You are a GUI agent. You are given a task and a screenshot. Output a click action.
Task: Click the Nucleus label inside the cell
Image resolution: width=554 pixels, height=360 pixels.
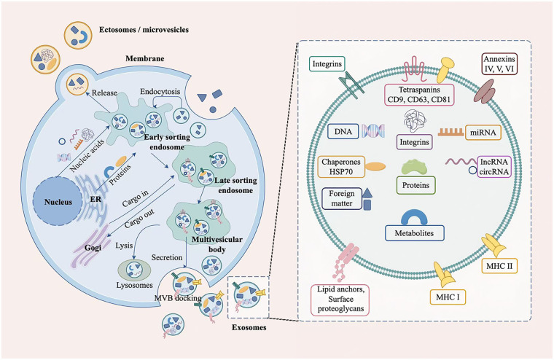pos(58,202)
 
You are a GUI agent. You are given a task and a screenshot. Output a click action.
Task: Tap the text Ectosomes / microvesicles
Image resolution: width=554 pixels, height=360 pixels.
pos(144,30)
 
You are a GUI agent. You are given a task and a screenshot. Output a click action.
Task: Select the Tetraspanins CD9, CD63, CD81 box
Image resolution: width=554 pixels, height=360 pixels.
pos(419,95)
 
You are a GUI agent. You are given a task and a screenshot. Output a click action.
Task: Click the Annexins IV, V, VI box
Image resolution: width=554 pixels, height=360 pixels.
pos(499,63)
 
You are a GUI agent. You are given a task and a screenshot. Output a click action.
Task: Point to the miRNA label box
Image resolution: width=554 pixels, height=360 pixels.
pos(483,133)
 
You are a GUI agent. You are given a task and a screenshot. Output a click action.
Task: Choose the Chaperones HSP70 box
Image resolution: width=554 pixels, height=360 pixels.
pos(341,167)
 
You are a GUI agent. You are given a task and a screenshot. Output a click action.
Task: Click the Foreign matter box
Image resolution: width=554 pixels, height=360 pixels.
pos(342,198)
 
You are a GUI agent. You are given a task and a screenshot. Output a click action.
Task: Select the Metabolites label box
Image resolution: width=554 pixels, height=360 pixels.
pos(414,233)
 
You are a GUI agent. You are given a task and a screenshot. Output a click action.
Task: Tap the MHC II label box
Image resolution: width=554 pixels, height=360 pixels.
pos(499,266)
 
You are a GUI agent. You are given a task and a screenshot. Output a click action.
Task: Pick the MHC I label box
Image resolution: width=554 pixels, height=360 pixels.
pos(448,297)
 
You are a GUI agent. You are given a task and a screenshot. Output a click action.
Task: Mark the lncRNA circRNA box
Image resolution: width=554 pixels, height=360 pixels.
pos(494,167)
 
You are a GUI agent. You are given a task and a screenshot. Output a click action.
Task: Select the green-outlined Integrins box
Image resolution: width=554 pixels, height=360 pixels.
pos(327,64)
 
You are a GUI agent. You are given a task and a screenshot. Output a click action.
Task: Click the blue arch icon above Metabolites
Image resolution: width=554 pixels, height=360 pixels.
pos(414,218)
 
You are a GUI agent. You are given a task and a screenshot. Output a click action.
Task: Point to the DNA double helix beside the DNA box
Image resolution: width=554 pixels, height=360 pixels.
pos(372,131)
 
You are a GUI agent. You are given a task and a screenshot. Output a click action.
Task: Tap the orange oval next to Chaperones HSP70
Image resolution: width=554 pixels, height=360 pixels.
pos(375,167)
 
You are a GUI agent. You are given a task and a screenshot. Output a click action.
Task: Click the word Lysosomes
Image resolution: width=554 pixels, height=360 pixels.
pos(135,285)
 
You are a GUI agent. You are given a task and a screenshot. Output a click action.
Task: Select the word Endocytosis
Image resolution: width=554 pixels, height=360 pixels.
pos(160,92)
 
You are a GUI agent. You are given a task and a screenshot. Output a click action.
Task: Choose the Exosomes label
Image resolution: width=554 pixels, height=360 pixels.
pos(249,327)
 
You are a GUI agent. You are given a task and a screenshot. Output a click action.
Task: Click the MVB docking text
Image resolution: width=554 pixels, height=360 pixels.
pos(178,298)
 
